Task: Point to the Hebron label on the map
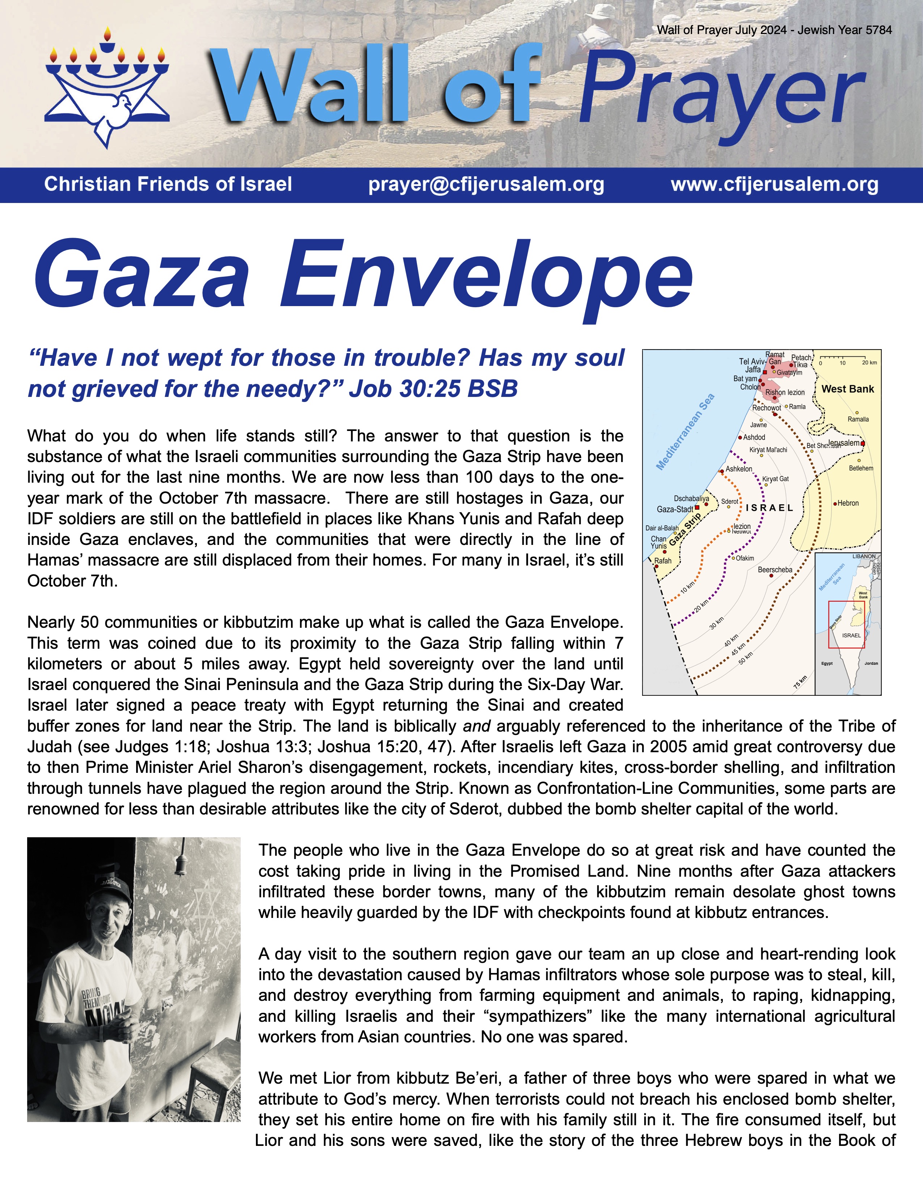(848, 503)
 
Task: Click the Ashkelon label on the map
(739, 469)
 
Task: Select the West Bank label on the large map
(848, 389)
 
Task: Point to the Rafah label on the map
(663, 561)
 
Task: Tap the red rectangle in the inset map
(847, 624)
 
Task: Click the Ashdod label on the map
(754, 437)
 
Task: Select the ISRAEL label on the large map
(770, 508)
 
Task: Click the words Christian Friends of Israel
(168, 184)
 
